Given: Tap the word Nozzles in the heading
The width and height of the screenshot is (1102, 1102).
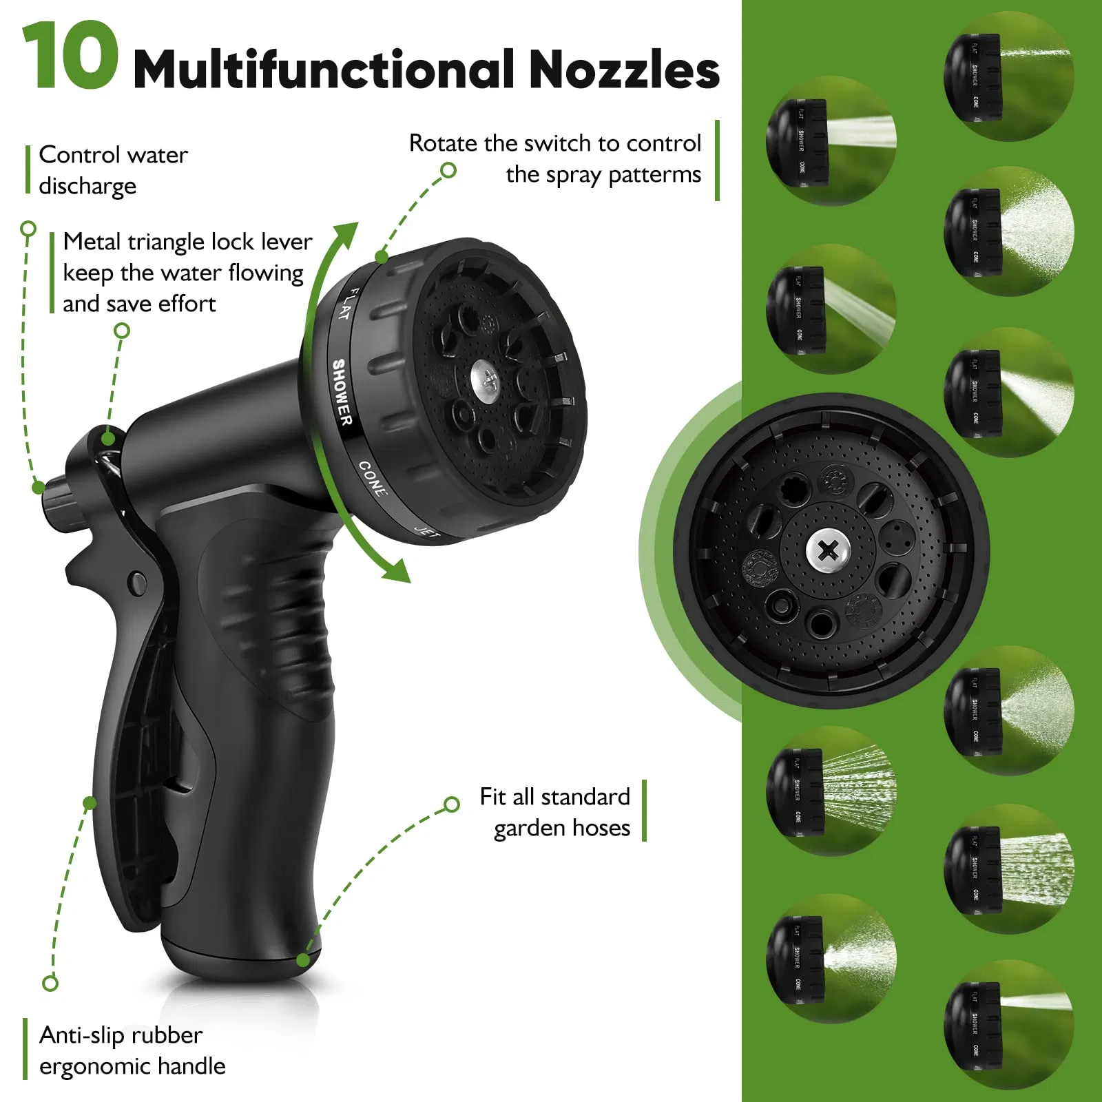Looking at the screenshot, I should pyautogui.click(x=624, y=70).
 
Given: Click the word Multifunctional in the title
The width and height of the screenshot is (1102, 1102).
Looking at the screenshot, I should pyautogui.click(x=324, y=69).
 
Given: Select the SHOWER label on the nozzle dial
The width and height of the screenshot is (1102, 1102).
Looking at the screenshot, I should pyautogui.click(x=342, y=392).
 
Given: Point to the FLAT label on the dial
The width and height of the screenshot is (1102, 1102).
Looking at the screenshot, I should pyautogui.click(x=348, y=304).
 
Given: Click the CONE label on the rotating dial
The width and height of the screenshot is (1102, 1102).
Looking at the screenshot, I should pyautogui.click(x=373, y=478).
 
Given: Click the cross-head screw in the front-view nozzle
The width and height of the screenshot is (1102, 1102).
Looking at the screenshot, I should pyautogui.click(x=829, y=550).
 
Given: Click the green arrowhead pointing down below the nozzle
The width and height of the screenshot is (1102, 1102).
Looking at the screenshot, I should pyautogui.click(x=397, y=571).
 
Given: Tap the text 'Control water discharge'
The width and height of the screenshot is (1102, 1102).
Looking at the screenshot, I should pyautogui.click(x=113, y=170).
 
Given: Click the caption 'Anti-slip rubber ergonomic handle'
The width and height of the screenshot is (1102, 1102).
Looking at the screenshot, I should pyautogui.click(x=132, y=1050).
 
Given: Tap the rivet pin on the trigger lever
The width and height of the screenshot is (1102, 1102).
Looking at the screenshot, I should pyautogui.click(x=138, y=582).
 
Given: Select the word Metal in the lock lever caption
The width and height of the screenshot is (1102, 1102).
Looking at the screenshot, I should pyautogui.click(x=92, y=242).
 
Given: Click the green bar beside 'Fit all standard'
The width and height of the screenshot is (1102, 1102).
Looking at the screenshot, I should pyautogui.click(x=644, y=811).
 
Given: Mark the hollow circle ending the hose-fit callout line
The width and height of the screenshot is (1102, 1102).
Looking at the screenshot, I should pyautogui.click(x=452, y=804).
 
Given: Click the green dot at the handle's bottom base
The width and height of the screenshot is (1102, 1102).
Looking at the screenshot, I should pyautogui.click(x=303, y=959).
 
